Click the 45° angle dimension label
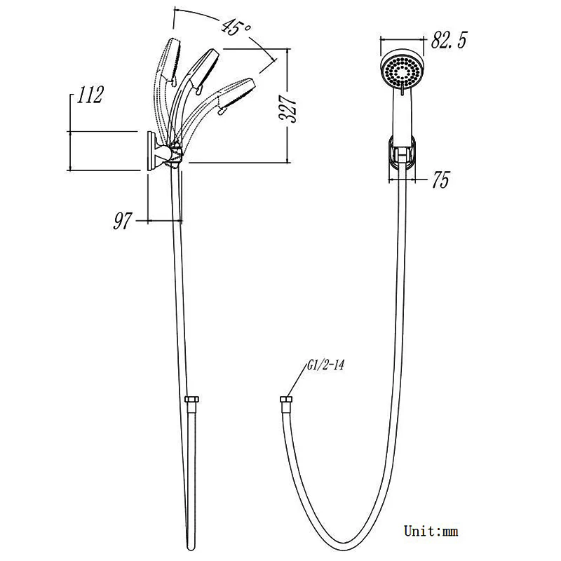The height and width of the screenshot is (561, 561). pos(236,27)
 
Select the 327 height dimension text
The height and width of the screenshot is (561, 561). pos(289,109)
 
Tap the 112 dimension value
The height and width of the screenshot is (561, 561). pos(90,95)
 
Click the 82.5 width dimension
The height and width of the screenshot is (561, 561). pos(449,40)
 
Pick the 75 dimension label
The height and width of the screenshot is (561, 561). pos(440,180)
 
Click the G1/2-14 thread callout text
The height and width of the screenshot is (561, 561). pos(325,365)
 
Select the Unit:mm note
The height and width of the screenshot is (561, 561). pos(431,531)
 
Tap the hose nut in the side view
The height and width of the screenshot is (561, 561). pos(191,400)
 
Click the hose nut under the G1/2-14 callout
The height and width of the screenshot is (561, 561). pos(286,400)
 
